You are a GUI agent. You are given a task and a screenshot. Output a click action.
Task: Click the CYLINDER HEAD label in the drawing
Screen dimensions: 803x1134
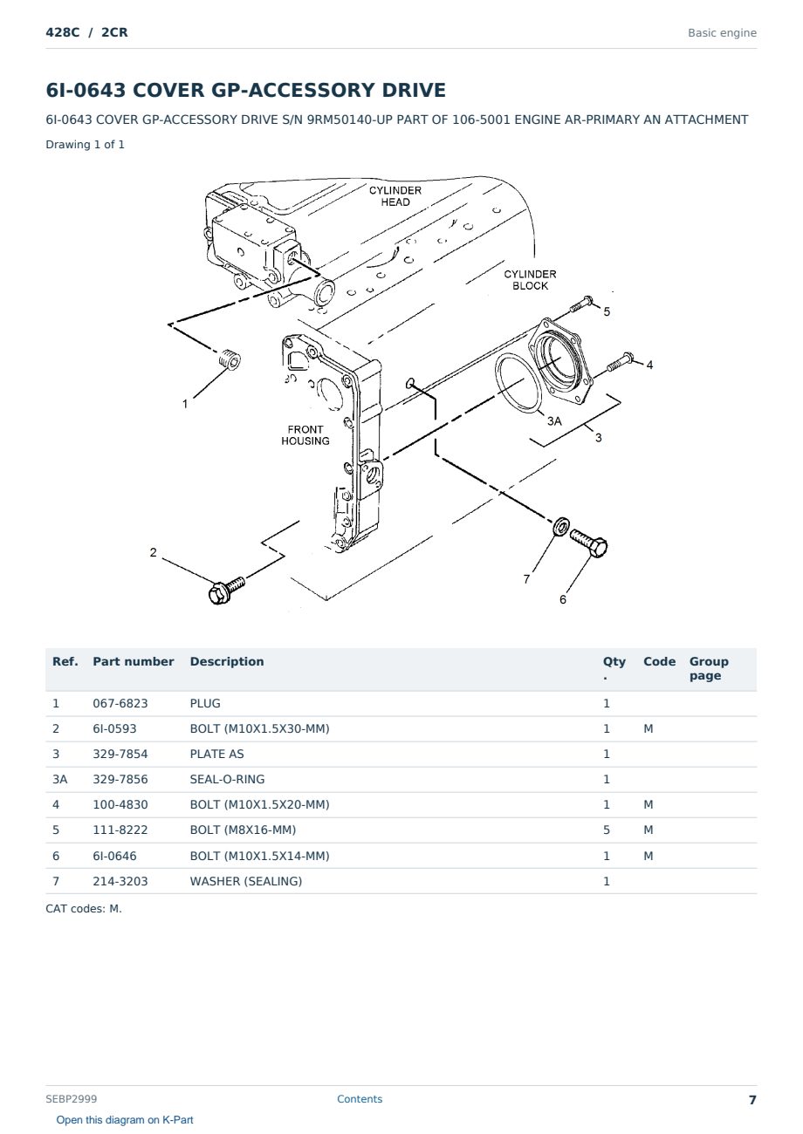point(395,196)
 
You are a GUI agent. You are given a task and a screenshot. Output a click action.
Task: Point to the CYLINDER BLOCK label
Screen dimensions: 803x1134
point(530,280)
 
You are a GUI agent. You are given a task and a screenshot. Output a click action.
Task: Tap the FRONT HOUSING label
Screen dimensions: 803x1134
point(305,435)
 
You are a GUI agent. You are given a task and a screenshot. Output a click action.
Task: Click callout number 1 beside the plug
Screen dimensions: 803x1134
point(185,404)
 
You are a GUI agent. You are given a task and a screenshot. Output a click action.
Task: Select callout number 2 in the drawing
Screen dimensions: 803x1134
point(153,552)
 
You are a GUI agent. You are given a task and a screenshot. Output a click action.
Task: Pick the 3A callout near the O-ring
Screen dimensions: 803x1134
point(554,420)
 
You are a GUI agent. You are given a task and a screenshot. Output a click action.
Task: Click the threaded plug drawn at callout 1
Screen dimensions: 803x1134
point(230,360)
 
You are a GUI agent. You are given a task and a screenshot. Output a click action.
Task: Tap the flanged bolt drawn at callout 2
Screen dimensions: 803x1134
point(226,590)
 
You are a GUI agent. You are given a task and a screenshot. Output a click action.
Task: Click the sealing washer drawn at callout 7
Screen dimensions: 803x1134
point(561,527)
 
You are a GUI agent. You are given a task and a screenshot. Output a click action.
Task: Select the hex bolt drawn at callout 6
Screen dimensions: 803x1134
point(589,543)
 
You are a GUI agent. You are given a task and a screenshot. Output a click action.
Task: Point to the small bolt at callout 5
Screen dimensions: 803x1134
point(581,304)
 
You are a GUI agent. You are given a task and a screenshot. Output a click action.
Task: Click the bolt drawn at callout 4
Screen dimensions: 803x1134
point(620,360)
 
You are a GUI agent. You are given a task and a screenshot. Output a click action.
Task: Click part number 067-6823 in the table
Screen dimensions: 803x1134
point(120,703)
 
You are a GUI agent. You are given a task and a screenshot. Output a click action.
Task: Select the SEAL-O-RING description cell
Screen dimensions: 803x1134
point(227,779)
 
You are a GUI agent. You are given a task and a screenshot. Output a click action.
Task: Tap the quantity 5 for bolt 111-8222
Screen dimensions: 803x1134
point(607,830)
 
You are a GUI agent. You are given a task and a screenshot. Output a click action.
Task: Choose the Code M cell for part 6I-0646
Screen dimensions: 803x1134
point(648,856)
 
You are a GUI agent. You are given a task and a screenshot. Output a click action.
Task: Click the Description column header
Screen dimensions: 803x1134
point(226,661)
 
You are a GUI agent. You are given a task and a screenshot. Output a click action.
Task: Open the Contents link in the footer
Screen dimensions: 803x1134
point(360,1098)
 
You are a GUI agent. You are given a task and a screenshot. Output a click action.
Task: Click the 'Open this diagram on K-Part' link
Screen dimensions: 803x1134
point(125,1120)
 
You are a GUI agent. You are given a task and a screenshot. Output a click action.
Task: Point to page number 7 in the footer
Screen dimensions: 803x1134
point(752,1100)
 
